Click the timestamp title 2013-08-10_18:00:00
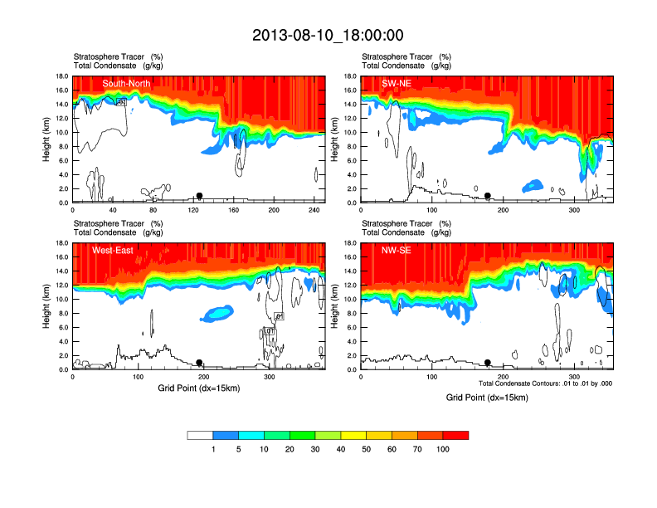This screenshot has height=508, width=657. [x=328, y=35]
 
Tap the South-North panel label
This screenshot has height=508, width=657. [x=126, y=84]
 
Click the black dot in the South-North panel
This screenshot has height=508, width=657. [x=199, y=196]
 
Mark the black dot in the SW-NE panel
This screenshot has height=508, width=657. [x=488, y=196]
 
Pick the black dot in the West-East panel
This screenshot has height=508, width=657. [x=199, y=363]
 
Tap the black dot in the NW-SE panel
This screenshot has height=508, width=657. [x=488, y=363]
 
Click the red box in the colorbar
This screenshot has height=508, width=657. [x=455, y=435]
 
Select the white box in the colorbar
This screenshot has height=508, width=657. [x=200, y=435]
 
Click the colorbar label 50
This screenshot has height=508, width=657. [x=367, y=449]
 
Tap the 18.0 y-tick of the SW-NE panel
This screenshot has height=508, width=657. [x=349, y=76]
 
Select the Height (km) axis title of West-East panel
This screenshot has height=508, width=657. [x=48, y=306]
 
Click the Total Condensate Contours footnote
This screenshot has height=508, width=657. [x=545, y=383]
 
